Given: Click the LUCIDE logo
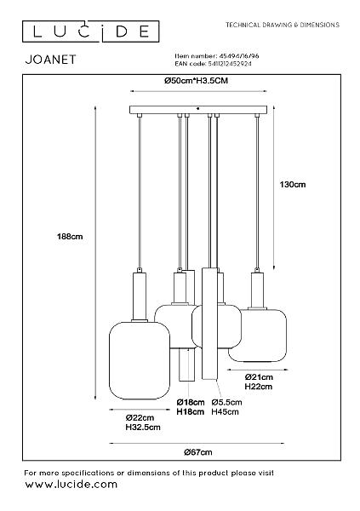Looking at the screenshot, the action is pyautogui.click(x=90, y=32).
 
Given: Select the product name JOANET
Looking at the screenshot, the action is pyautogui.click(x=50, y=60).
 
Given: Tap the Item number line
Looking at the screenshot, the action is pyautogui.click(x=217, y=56).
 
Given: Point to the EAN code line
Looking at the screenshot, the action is pyautogui.click(x=213, y=64).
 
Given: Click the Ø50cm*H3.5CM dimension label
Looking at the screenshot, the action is pyautogui.click(x=196, y=81).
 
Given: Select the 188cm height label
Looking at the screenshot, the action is pyautogui.click(x=70, y=237).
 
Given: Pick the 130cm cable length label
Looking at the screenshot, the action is pyautogui.click(x=293, y=185).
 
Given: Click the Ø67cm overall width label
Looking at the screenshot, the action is pyautogui.click(x=197, y=452).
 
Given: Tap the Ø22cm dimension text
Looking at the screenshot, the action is pyautogui.click(x=140, y=418).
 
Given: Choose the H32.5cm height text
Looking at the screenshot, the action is pyautogui.click(x=143, y=427).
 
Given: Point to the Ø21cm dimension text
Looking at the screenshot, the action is pyautogui.click(x=259, y=377).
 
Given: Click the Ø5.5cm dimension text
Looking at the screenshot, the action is pyautogui.click(x=226, y=403).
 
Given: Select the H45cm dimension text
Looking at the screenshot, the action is pyautogui.click(x=225, y=411).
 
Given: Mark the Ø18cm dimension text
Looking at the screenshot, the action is pyautogui.click(x=191, y=403).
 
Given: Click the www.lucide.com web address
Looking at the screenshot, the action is pyautogui.click(x=71, y=485).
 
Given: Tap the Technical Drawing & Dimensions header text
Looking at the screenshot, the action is pyautogui.click(x=283, y=25).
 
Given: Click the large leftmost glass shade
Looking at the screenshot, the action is pyautogui.click(x=140, y=360).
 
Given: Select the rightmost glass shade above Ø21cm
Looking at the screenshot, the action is pyautogui.click(x=257, y=335).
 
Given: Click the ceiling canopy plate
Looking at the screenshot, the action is pyautogui.click(x=198, y=110).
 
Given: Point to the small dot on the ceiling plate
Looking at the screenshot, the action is pyautogui.click(x=198, y=108).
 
